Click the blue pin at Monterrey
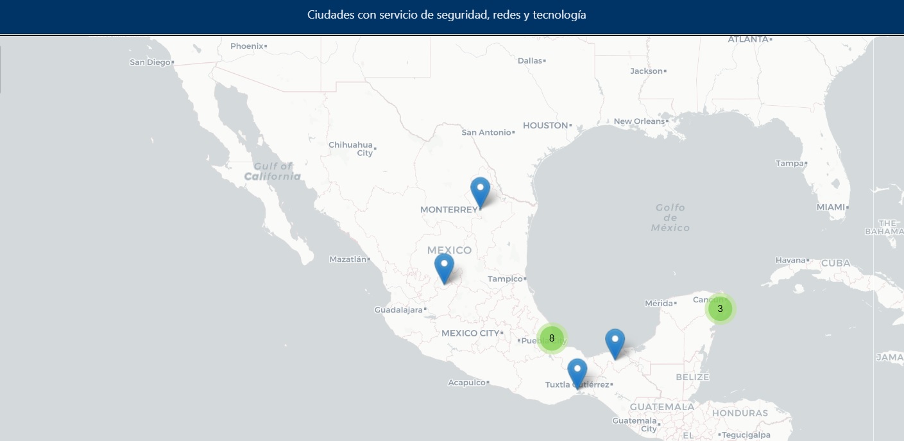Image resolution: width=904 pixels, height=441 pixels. point(480,191)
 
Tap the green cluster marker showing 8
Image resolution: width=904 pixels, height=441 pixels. point(552,338)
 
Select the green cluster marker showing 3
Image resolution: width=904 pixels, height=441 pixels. point(720,309)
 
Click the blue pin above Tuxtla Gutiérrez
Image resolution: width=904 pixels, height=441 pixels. point(577,372)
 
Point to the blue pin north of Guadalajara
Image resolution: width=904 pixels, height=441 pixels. point(444,267)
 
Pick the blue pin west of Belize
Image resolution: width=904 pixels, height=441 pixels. point(615,342)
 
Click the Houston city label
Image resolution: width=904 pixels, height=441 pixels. point(545,125)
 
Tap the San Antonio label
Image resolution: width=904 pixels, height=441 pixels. point(486,132)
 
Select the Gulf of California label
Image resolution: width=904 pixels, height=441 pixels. point(273,171)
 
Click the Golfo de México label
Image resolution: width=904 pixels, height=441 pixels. point(670,218)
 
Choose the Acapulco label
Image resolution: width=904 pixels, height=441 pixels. point(466,383)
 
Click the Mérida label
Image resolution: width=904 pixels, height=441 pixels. point(658,303)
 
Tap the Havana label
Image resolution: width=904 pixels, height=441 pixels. point(790,260)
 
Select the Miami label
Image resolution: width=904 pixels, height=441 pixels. point(831,207)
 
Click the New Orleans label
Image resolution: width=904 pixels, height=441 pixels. point(639,121)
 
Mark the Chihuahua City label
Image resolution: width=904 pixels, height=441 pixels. point(350,149)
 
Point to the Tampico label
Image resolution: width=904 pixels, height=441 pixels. point(505,279)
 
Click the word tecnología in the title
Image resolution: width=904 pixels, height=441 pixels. point(559,15)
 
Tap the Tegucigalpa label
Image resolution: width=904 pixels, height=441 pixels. point(746,435)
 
